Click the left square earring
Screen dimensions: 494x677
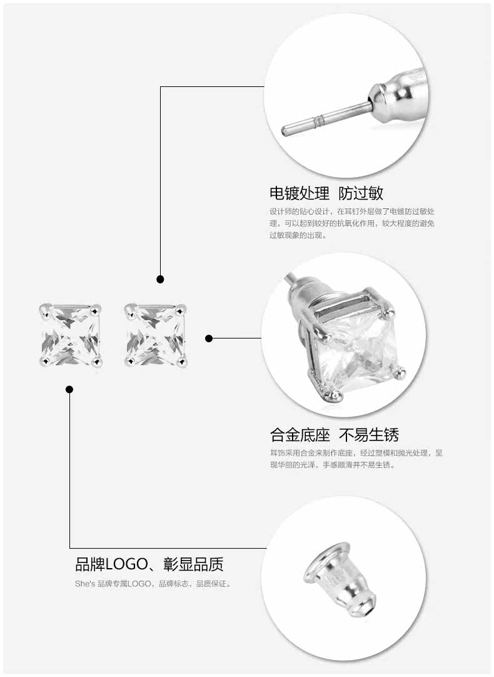coord(70,335)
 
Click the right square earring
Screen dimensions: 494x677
coord(155,335)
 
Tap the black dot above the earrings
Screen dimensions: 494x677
coord(161,279)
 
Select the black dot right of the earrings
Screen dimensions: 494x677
coord(209,338)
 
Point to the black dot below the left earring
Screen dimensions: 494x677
coord(70,389)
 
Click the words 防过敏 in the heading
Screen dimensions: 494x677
coord(361,192)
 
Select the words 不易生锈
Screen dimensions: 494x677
coord(368,434)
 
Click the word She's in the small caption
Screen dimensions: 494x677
coord(84,584)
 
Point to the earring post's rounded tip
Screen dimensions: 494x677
coord(285,131)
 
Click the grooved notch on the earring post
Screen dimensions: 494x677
coord(321,118)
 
